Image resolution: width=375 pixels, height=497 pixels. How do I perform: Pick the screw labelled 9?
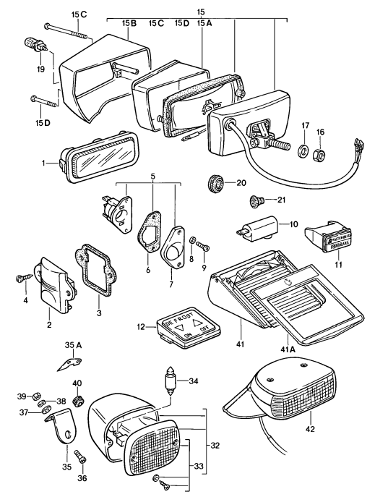pyautogui.click(x=203, y=250)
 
